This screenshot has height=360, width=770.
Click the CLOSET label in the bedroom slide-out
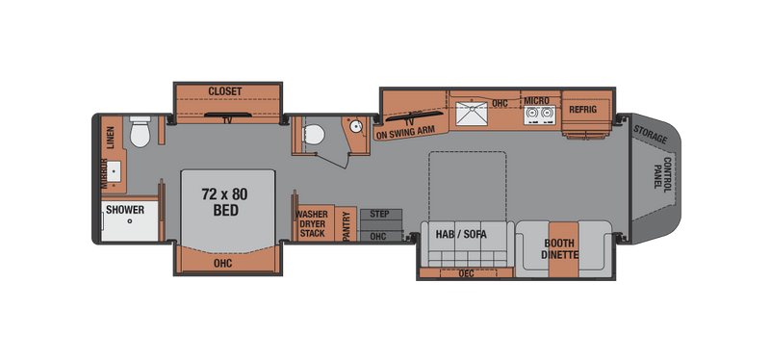pos(225,91)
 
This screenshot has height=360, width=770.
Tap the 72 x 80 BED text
pos(219,201)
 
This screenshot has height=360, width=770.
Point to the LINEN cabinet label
pos(111,139)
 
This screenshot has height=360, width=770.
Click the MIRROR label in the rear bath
pos(103,172)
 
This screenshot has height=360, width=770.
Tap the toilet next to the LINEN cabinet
pos(141,134)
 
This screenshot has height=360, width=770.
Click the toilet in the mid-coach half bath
pos(310,137)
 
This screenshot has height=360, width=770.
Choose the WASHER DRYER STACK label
pos(312,223)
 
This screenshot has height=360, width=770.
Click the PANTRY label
pos(346,226)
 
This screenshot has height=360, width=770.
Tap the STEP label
pos(378,215)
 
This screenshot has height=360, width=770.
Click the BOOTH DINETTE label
pos(560,250)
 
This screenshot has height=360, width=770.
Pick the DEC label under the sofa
pos(467,272)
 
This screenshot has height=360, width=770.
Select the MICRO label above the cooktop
pos(536,100)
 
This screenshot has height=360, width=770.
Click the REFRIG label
pos(582,110)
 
